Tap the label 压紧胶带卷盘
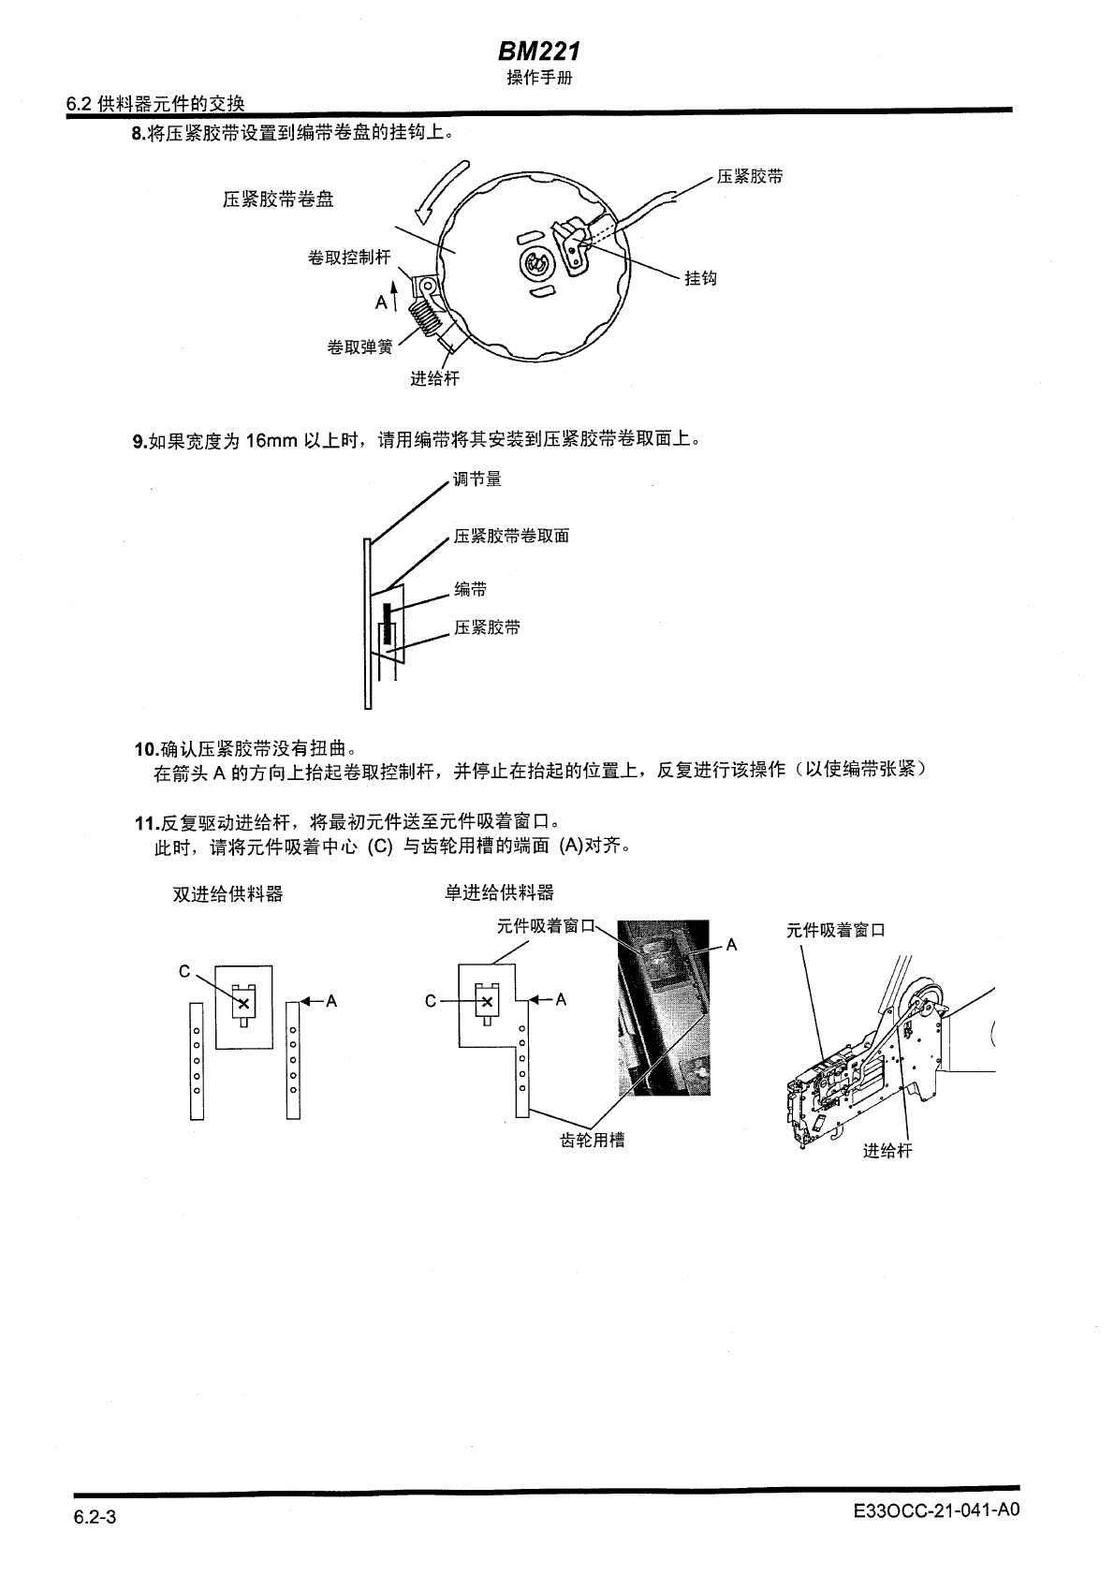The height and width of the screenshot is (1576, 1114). [278, 199]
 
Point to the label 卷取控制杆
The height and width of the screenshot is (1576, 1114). [348, 258]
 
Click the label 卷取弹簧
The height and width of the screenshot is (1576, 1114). [359, 347]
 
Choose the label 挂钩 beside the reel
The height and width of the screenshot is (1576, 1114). [700, 278]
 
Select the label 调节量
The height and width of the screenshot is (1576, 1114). [477, 479]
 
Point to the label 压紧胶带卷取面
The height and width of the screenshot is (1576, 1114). [511, 537]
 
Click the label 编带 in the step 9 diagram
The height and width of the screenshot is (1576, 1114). [471, 589]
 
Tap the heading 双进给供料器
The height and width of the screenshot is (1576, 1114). [227, 894]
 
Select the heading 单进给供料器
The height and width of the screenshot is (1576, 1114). [499, 893]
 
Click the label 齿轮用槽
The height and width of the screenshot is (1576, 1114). [592, 1140]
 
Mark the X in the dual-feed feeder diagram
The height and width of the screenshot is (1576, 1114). [243, 1003]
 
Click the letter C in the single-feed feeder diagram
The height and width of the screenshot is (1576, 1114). [430, 1001]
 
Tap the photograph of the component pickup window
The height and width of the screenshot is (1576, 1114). [663, 1007]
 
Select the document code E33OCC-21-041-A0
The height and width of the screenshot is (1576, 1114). [936, 1510]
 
